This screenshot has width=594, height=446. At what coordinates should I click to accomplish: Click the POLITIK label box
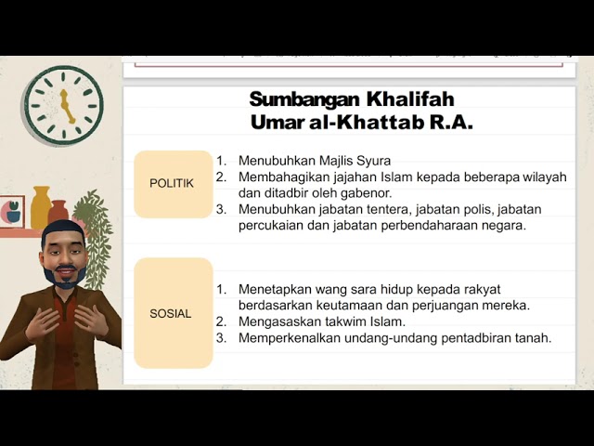click(x=173, y=184)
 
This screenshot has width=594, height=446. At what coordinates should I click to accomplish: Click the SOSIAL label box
click(x=173, y=313)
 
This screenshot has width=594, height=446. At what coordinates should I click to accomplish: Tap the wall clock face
click(x=64, y=96)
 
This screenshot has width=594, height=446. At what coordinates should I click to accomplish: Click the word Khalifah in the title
click(x=409, y=99)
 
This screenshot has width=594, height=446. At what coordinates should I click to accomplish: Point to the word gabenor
click(x=366, y=192)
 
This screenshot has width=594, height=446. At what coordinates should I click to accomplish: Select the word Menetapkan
click(x=270, y=289)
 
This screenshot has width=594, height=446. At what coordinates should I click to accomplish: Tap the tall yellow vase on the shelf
click(x=41, y=206)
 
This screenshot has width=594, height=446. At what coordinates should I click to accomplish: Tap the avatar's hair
click(x=62, y=230)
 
